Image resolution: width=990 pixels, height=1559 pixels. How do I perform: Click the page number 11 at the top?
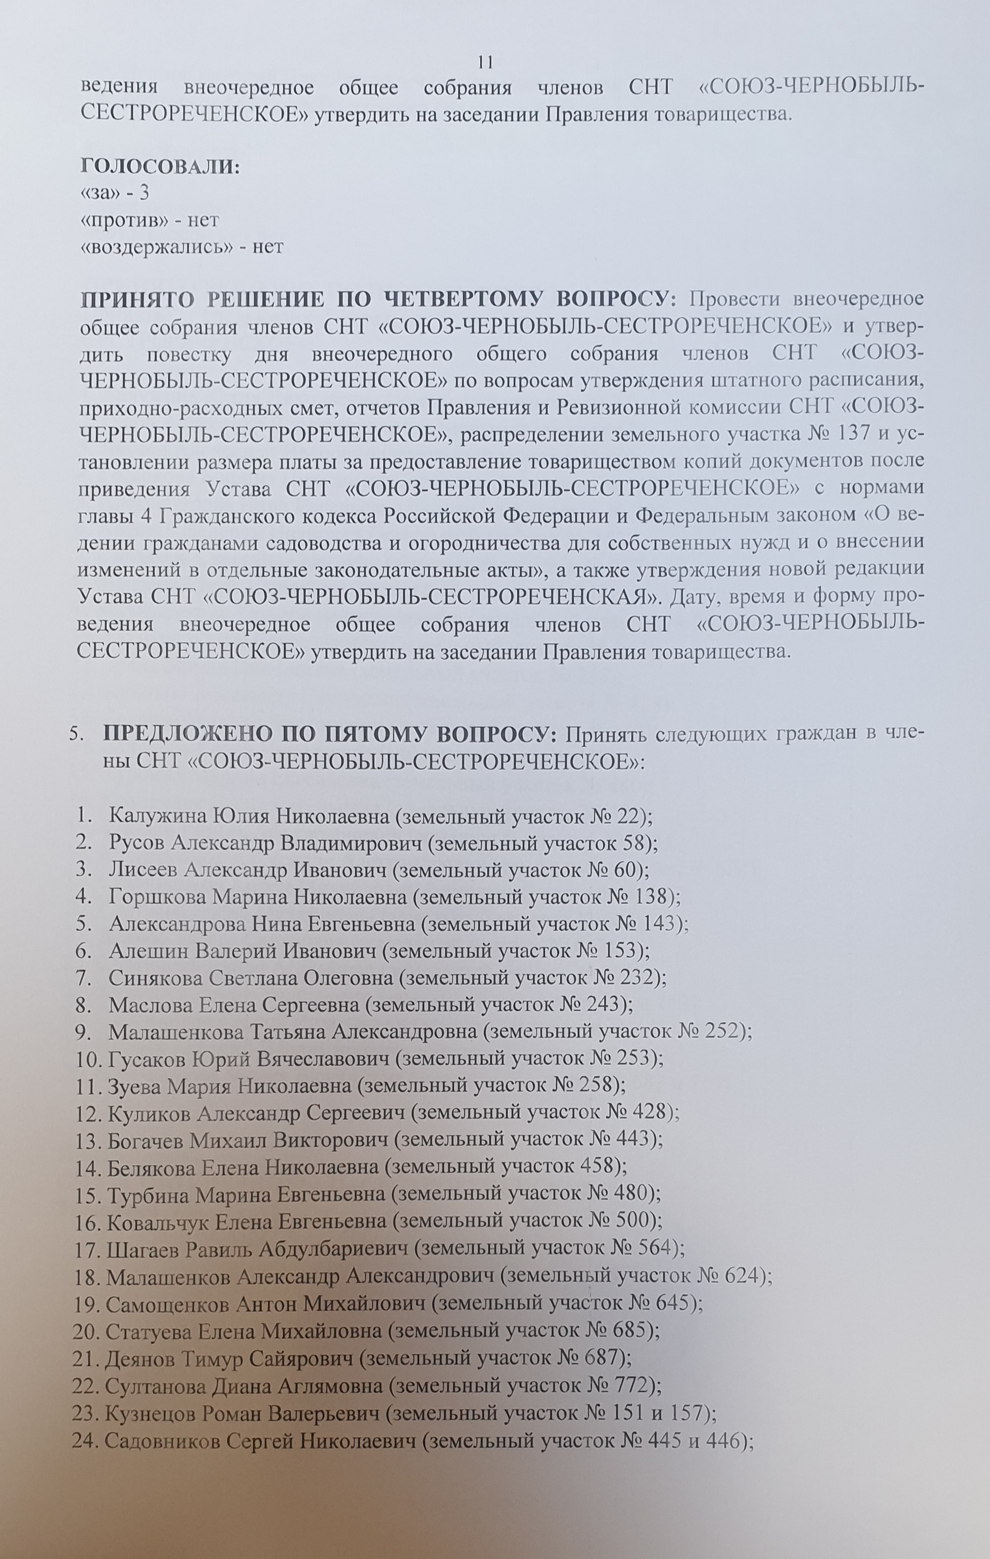(x=485, y=62)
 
